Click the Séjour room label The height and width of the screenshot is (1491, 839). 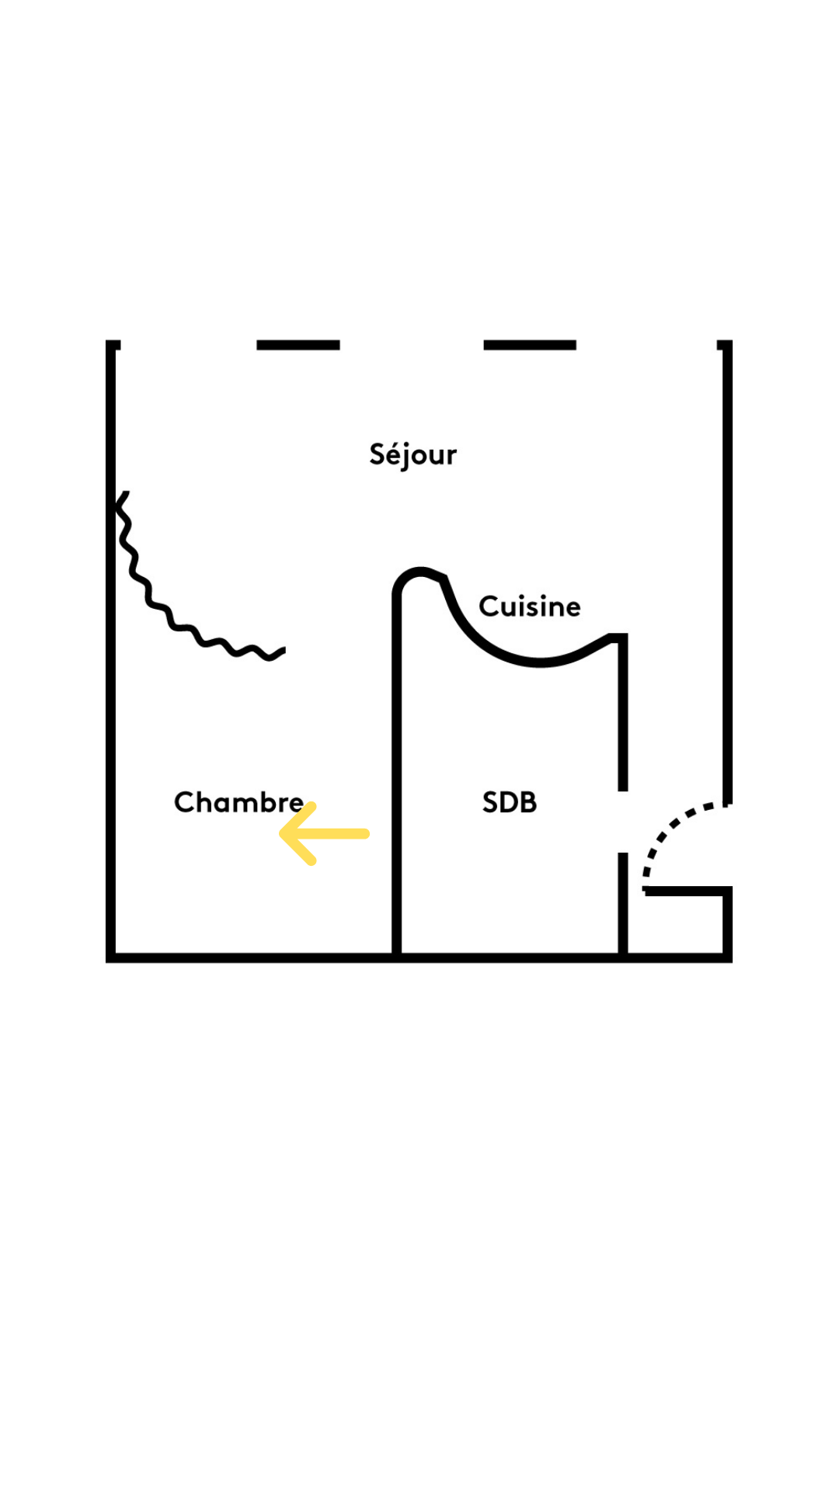coord(413,455)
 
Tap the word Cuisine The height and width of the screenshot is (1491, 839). coord(529,606)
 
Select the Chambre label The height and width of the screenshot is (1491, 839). coord(238,802)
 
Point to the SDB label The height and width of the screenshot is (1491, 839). coord(509,802)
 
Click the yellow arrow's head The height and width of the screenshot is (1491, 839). coord(286,834)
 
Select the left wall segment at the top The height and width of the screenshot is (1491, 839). coord(298,345)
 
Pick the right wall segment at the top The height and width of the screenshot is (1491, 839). coord(530,345)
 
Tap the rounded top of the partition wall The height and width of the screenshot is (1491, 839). coord(419,573)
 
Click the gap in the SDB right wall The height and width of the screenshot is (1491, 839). coord(623,822)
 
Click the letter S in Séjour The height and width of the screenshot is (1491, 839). coord(378,454)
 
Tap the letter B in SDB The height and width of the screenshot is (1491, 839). coord(528,802)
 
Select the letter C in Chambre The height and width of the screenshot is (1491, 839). coord(183,802)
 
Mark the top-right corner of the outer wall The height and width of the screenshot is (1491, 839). coord(727,345)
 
